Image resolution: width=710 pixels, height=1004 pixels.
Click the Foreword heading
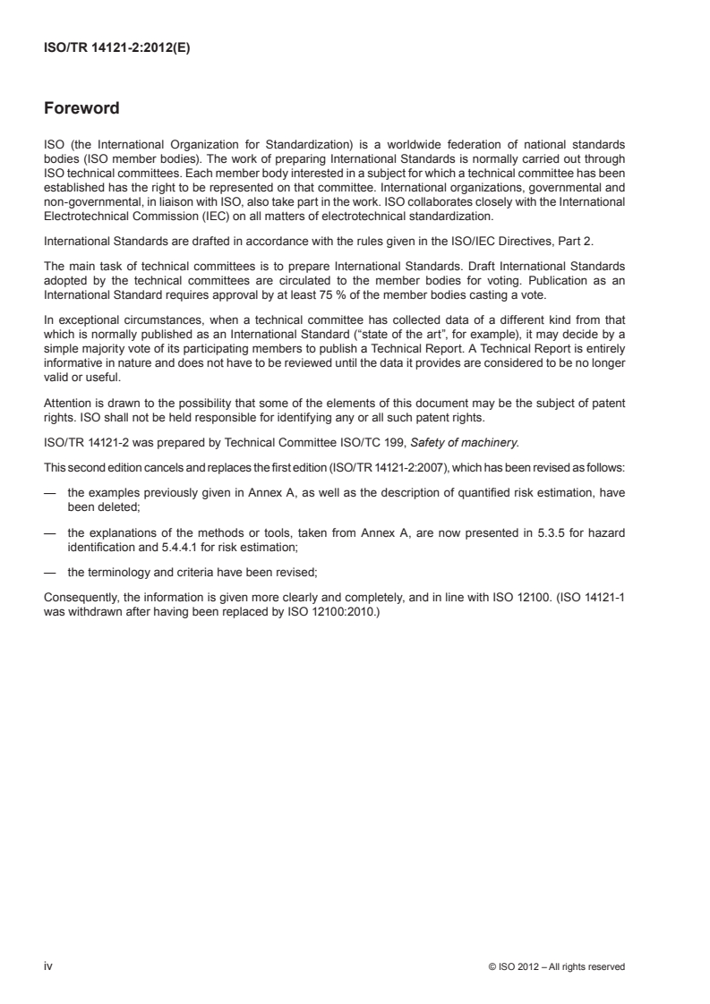click(81, 109)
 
